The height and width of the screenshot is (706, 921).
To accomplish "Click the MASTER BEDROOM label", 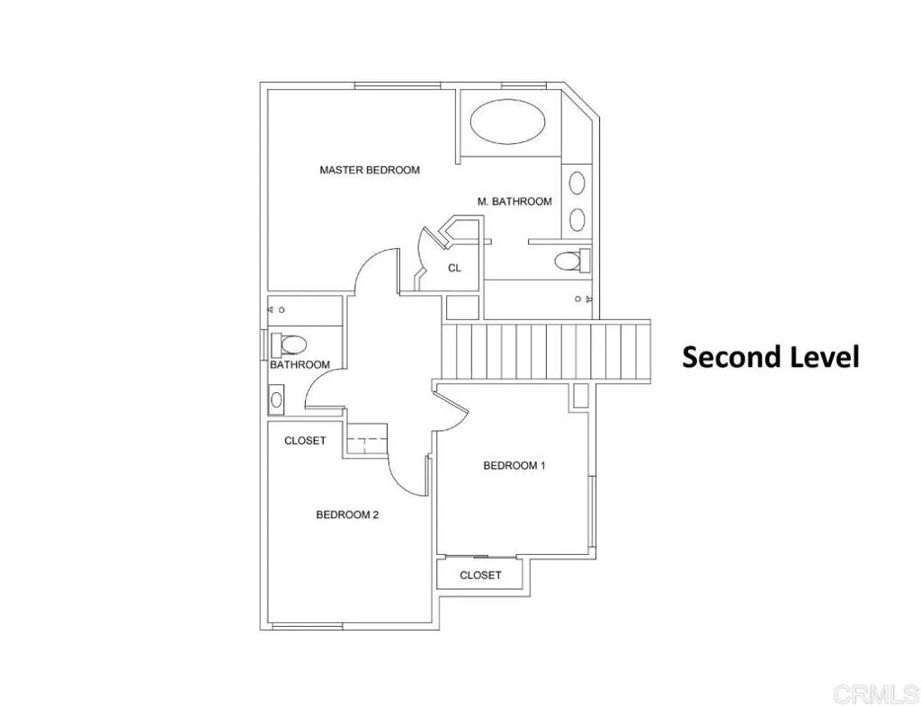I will [x=369, y=170].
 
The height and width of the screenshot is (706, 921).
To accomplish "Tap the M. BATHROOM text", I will [x=514, y=201].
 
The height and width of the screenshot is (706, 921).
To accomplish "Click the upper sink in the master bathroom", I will [x=577, y=183].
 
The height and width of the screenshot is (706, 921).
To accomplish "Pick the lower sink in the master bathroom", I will [x=577, y=219].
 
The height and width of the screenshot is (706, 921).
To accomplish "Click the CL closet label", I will [x=454, y=267].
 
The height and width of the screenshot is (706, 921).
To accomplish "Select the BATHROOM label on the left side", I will [x=300, y=365].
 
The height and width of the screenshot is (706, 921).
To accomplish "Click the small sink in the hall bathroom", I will [x=276, y=398].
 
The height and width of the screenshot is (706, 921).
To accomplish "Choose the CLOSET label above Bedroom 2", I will [x=305, y=441].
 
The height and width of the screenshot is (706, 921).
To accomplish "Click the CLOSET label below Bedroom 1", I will [x=480, y=575].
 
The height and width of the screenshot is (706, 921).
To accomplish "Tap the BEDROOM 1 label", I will [x=514, y=466].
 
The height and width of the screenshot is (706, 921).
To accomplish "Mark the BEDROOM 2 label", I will [x=347, y=515].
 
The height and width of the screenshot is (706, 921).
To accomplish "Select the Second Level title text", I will [x=771, y=357].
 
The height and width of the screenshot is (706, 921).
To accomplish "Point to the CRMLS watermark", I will [x=875, y=693].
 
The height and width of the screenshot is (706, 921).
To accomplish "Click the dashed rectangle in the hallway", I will [x=366, y=442].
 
